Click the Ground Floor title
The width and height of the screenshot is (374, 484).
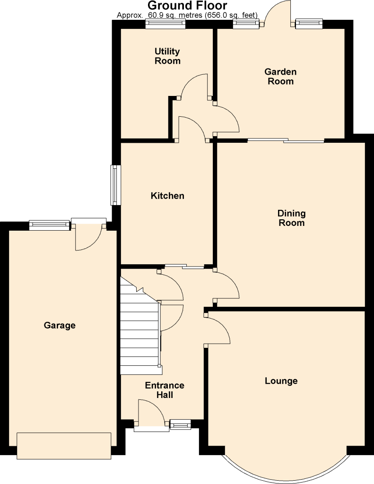coord(187,5)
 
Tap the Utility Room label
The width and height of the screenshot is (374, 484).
coord(167,56)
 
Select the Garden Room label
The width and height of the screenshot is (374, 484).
coord(280,76)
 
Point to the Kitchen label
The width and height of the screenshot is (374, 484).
coord(167,195)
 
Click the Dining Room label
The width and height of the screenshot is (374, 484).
coord(292,218)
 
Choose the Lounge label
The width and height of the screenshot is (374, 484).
coord(281,380)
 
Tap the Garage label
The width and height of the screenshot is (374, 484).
coord(60,325)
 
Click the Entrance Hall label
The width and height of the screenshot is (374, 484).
coord(165,390)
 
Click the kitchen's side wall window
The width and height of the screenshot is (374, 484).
coord(115,185)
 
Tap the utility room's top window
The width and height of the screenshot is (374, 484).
coord(165,24)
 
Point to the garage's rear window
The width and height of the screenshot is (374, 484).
coord(50,225)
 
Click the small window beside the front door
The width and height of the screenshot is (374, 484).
coord(181,424)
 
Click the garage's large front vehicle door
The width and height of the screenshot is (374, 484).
coord(64,446)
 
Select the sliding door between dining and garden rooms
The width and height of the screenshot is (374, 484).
coord(286,141)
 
